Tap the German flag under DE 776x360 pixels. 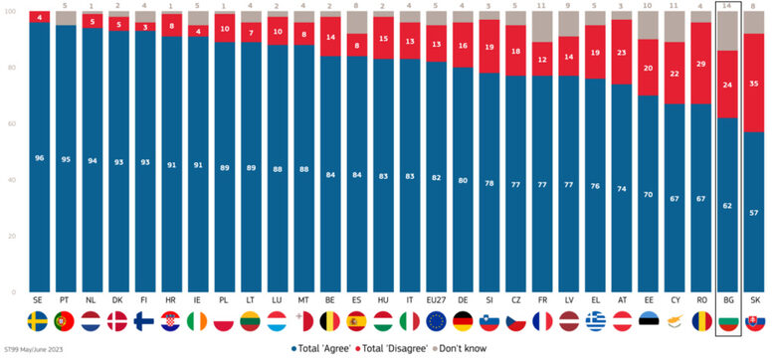(x=463, y=321)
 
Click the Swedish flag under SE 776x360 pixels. (x=40, y=321)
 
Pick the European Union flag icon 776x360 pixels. (x=436, y=321)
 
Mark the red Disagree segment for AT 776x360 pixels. (x=622, y=52)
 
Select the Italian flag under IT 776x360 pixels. (x=410, y=321)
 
